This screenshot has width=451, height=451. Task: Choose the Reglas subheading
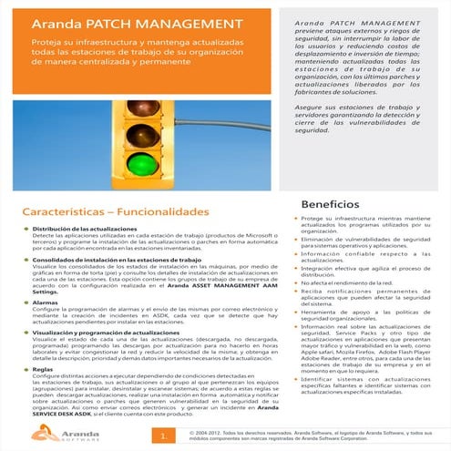[43, 371]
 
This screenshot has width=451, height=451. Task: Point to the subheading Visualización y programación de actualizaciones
[105, 335]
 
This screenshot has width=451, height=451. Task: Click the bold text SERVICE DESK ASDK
[55, 415]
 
